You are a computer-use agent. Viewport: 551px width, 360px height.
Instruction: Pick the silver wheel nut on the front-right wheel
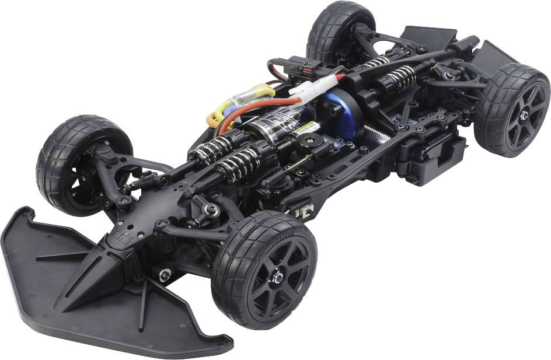point(279,278)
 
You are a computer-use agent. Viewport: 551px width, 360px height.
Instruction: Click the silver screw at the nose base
point(165,272)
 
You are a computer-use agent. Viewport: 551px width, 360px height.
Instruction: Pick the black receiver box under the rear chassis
point(438,158)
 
